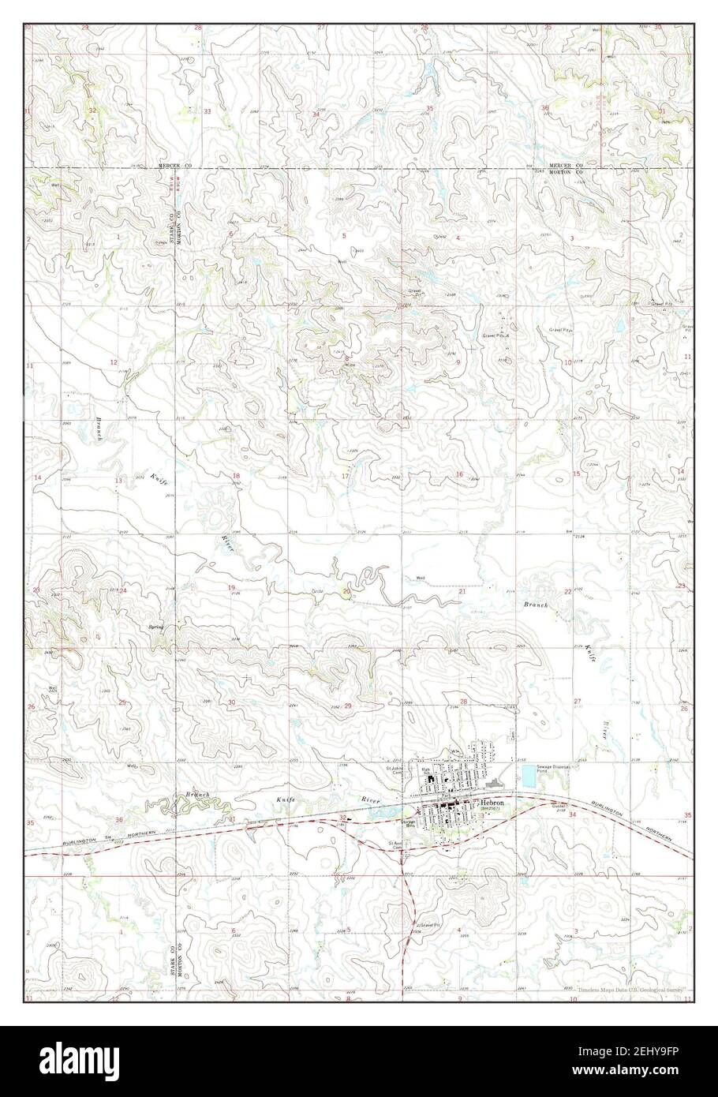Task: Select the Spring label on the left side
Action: coord(155,627)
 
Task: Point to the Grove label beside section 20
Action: coord(318,590)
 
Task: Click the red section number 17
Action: coord(345,477)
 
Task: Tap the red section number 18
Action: coord(235,476)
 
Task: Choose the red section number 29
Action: coord(348,706)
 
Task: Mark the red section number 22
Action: coord(567,591)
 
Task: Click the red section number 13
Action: coord(118,481)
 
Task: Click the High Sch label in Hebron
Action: coord(425,769)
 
